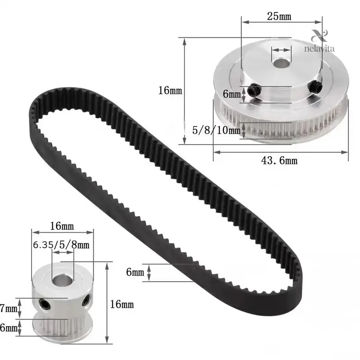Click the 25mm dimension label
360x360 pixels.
(279, 16)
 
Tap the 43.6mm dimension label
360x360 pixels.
(279, 160)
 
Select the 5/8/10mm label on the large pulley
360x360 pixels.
(216, 130)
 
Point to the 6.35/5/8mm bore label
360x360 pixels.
(61, 245)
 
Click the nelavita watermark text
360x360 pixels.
(319, 49)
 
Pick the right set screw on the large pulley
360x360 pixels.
(314, 86)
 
